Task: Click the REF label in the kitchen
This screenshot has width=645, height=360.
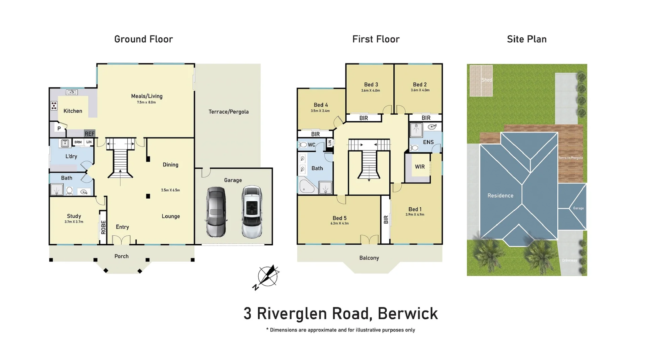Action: click(x=89, y=134)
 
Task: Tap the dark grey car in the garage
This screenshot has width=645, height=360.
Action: click(x=216, y=212)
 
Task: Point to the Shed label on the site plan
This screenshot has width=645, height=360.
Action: click(x=486, y=80)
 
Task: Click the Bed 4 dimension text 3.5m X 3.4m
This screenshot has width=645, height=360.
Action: click(x=320, y=111)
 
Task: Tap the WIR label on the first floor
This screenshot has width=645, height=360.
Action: click(x=420, y=167)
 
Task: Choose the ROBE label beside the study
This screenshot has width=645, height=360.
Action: click(x=103, y=227)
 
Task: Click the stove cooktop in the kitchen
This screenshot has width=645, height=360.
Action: click(x=54, y=106)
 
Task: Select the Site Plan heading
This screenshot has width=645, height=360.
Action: click(x=526, y=39)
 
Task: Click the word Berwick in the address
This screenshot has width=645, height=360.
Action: click(x=407, y=314)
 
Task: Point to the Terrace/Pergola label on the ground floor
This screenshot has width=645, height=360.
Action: click(x=228, y=112)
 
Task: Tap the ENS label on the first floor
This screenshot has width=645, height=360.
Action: click(x=428, y=142)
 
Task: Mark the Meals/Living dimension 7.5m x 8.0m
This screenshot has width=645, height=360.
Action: click(x=146, y=102)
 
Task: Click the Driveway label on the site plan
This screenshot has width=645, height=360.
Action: click(x=569, y=261)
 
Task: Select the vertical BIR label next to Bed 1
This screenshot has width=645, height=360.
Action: click(x=386, y=219)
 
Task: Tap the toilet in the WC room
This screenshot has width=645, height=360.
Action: click(x=303, y=145)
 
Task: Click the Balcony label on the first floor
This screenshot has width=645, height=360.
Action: click(x=369, y=258)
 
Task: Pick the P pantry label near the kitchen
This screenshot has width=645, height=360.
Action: click(x=59, y=128)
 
